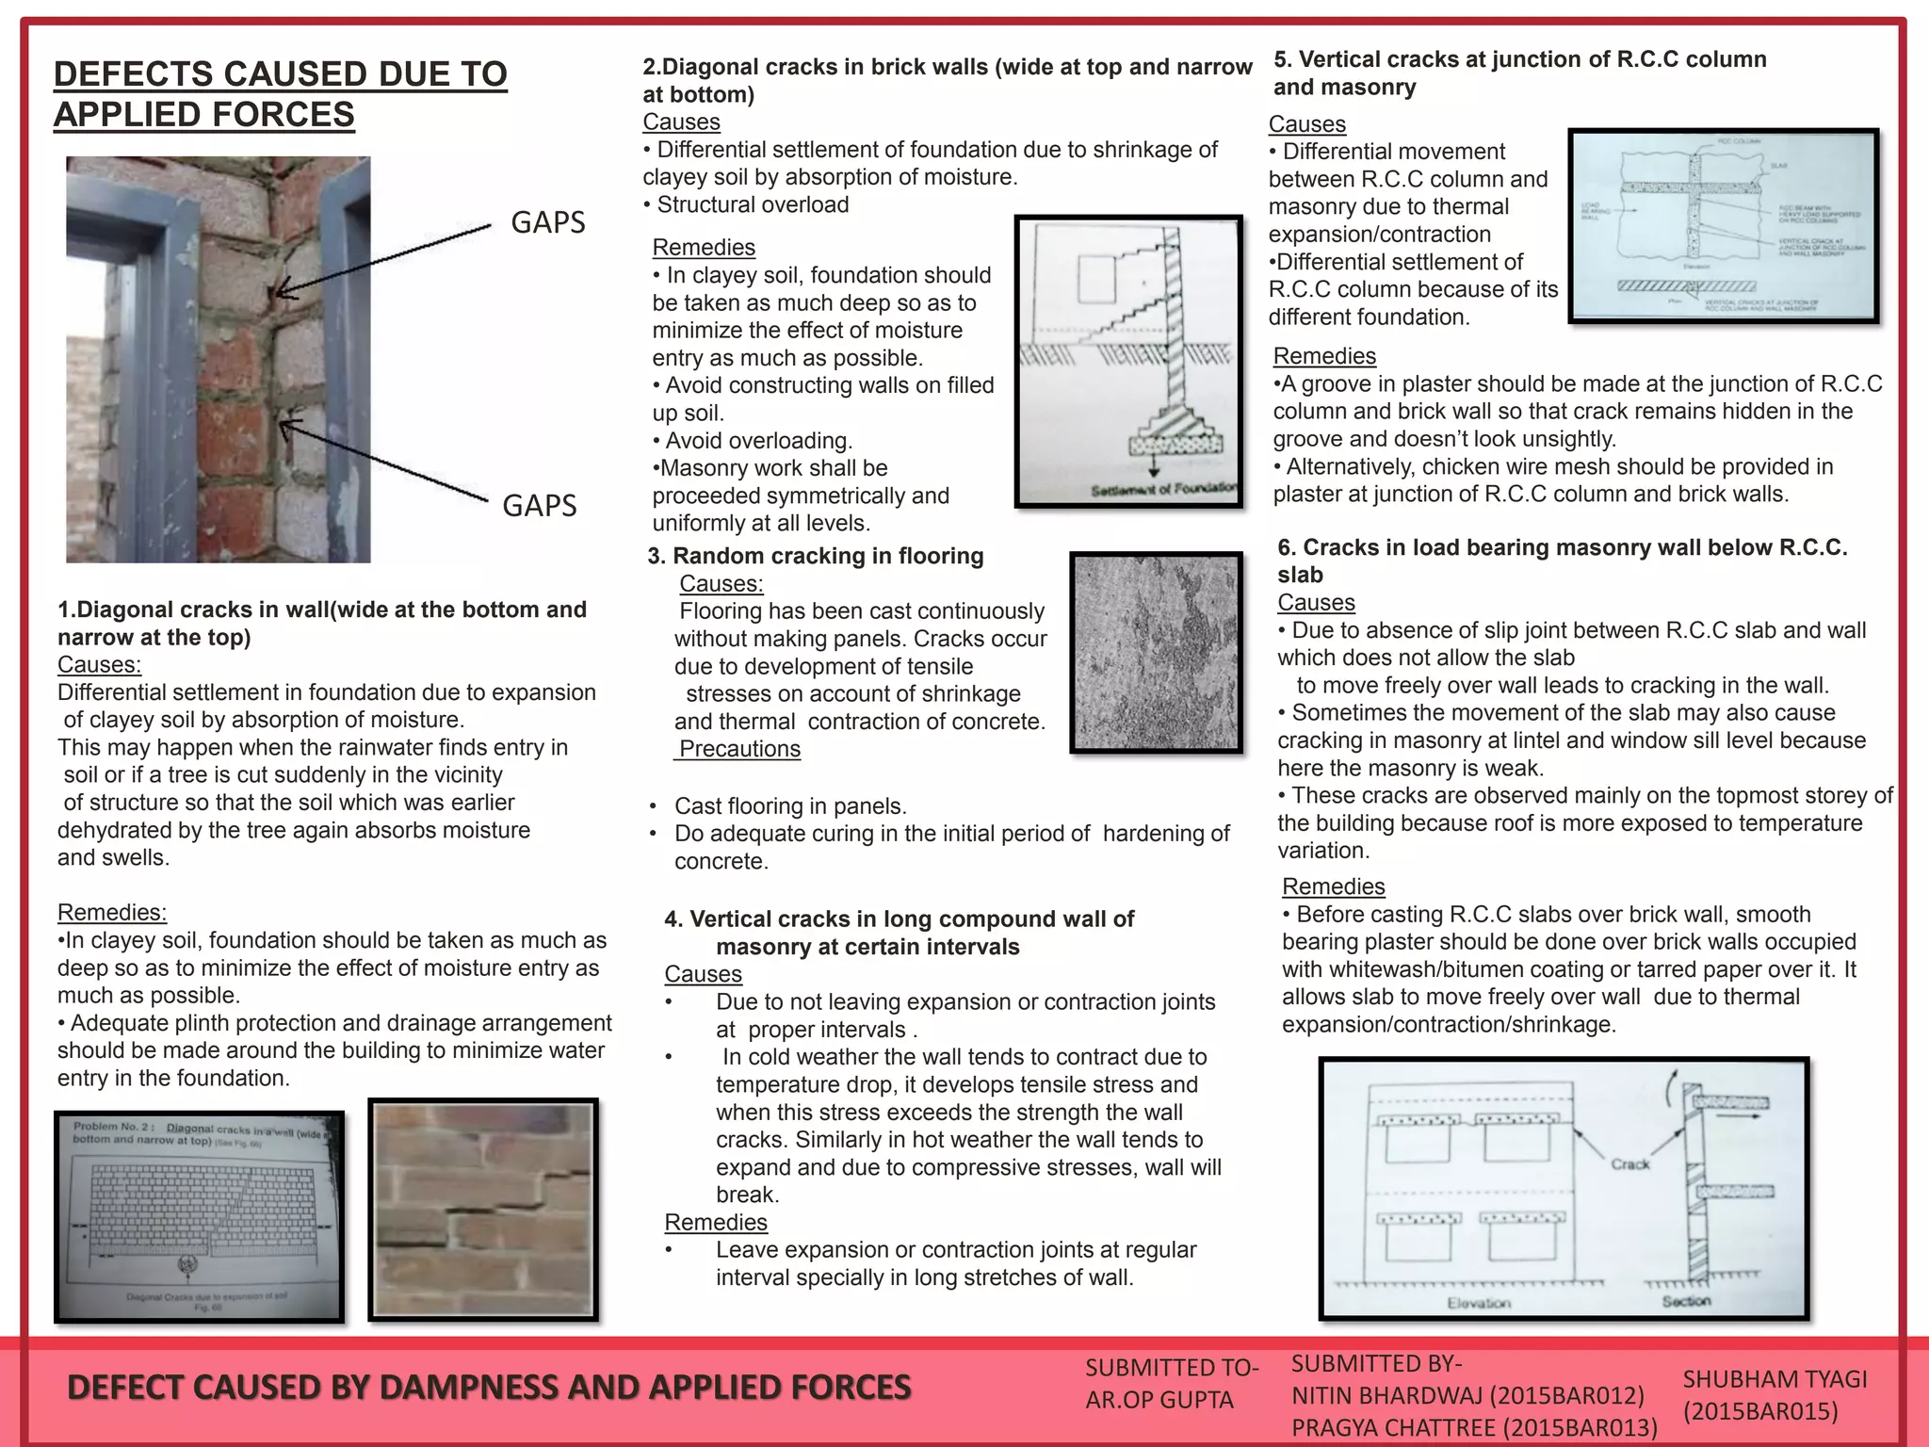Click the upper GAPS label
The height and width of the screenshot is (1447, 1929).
coord(547,222)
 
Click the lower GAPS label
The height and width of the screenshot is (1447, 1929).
coord(539,506)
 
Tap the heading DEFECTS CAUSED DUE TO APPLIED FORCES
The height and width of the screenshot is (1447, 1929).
coord(280,94)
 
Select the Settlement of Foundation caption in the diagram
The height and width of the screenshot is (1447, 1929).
coord(1163,489)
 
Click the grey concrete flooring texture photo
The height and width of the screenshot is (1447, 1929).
coord(1156,652)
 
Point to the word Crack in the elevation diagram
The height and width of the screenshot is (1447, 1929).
coord(1629,1164)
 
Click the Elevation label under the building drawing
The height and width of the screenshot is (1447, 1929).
coord(1478,1303)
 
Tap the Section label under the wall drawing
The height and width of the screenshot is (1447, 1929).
coord(1686,1301)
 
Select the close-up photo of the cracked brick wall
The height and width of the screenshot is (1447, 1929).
coord(483,1210)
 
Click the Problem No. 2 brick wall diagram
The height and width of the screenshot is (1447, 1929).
coord(199,1217)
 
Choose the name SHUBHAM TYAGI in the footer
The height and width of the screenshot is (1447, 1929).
coord(1775,1379)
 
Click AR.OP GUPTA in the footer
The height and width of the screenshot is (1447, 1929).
coord(1159,1400)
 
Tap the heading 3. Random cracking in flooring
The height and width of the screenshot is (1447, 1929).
coord(816,556)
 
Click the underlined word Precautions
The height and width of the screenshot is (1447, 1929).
coord(739,749)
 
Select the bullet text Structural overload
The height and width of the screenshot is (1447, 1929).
coord(752,204)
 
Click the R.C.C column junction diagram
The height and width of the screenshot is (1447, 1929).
coord(1723,226)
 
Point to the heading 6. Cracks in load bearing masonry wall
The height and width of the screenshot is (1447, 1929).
coord(1562,561)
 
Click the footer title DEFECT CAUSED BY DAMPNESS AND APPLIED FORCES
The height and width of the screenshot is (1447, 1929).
coord(489,1388)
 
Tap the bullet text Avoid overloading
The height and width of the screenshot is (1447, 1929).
coord(758,441)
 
